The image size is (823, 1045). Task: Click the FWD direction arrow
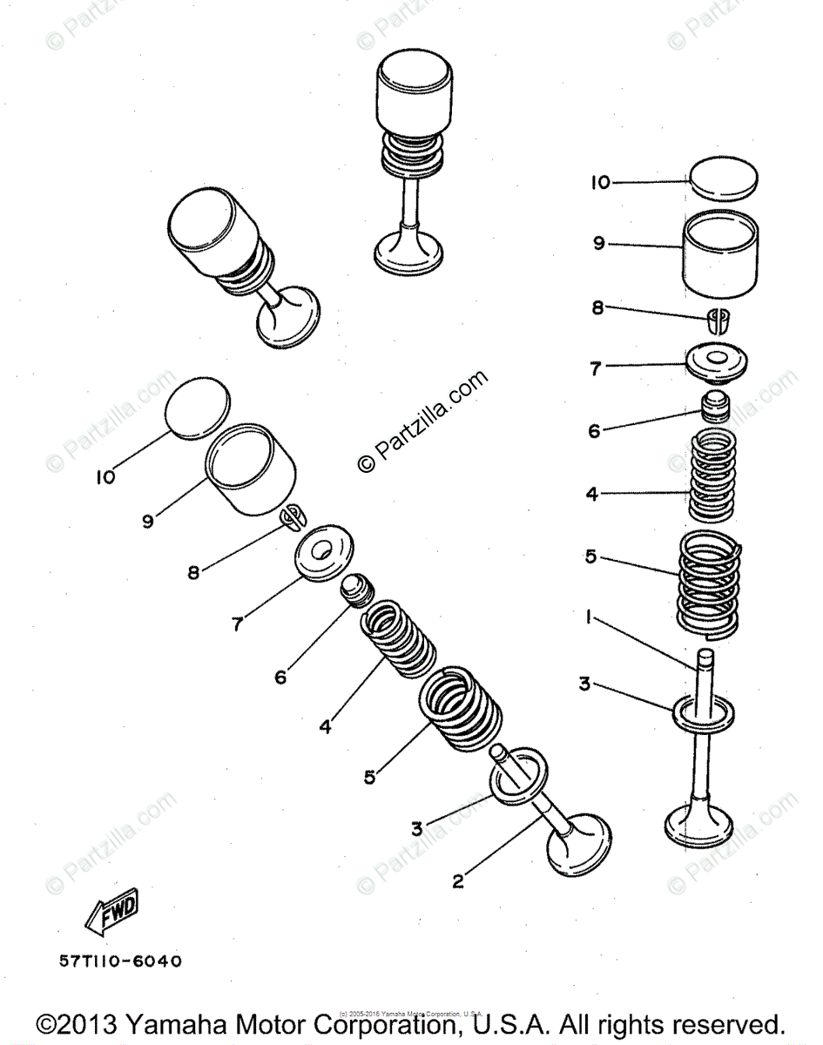coord(111,913)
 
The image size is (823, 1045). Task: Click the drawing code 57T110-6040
coord(121,961)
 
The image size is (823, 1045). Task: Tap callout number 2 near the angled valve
coord(457,880)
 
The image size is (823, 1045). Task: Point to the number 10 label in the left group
coord(105,476)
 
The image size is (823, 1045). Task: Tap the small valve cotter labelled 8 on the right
coord(718,320)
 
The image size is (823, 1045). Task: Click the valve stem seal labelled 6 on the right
coord(717,408)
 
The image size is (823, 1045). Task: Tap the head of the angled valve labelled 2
coord(574,845)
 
